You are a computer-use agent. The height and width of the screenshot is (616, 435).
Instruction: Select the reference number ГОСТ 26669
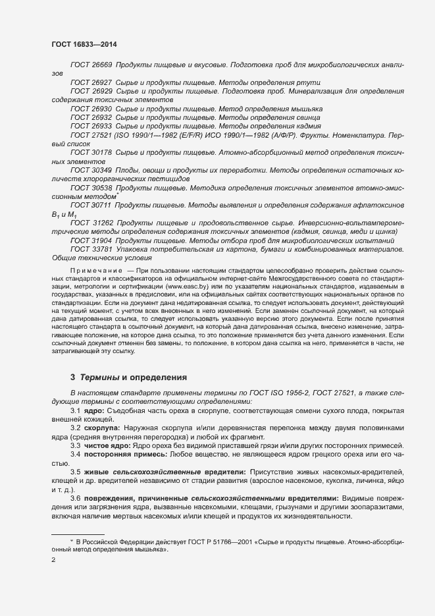[x=91, y=65]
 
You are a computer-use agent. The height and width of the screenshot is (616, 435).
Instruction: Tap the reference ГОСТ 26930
[x=91, y=108]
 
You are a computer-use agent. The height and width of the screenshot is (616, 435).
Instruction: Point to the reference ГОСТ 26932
[x=91, y=117]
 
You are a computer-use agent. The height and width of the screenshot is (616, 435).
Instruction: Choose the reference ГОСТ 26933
[x=91, y=125]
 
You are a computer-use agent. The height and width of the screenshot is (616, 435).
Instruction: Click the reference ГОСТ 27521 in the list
[x=91, y=134]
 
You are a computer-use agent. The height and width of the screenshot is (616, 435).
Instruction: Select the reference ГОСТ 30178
[x=91, y=152]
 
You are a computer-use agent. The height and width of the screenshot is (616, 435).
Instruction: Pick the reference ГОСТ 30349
[x=91, y=169]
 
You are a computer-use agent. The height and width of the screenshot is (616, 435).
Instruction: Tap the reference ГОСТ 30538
[x=91, y=187]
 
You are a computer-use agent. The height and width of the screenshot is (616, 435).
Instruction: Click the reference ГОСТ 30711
[x=91, y=206]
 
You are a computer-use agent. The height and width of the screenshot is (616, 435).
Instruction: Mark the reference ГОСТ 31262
[x=91, y=223]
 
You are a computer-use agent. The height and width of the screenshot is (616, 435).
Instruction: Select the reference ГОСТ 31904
[x=91, y=241]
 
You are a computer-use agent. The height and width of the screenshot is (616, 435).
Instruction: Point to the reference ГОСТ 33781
[x=91, y=249]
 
